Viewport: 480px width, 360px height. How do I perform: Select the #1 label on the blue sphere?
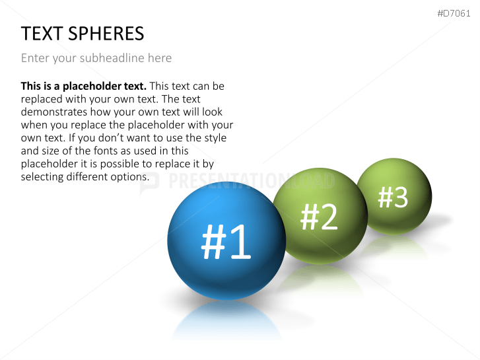point(226,242)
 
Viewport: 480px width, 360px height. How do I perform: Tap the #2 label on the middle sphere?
point(319,217)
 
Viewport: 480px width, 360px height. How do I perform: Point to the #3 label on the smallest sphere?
point(393,197)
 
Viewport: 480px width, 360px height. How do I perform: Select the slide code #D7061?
point(454,13)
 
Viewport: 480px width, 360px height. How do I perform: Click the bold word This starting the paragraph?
point(31,86)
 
